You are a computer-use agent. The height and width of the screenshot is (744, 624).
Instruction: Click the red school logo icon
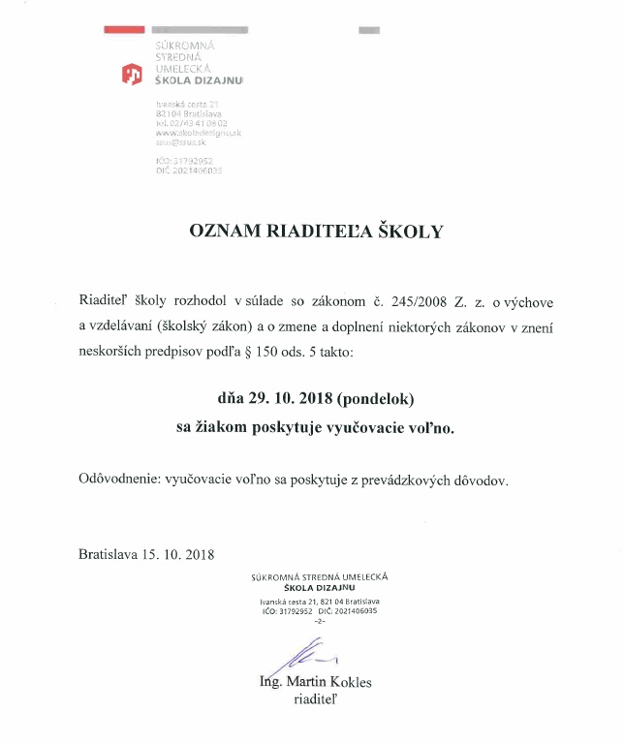131,74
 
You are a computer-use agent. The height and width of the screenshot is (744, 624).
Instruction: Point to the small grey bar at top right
369,31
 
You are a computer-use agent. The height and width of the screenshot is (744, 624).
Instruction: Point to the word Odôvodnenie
119,480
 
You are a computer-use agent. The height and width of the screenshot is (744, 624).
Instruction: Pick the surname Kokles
350,683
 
